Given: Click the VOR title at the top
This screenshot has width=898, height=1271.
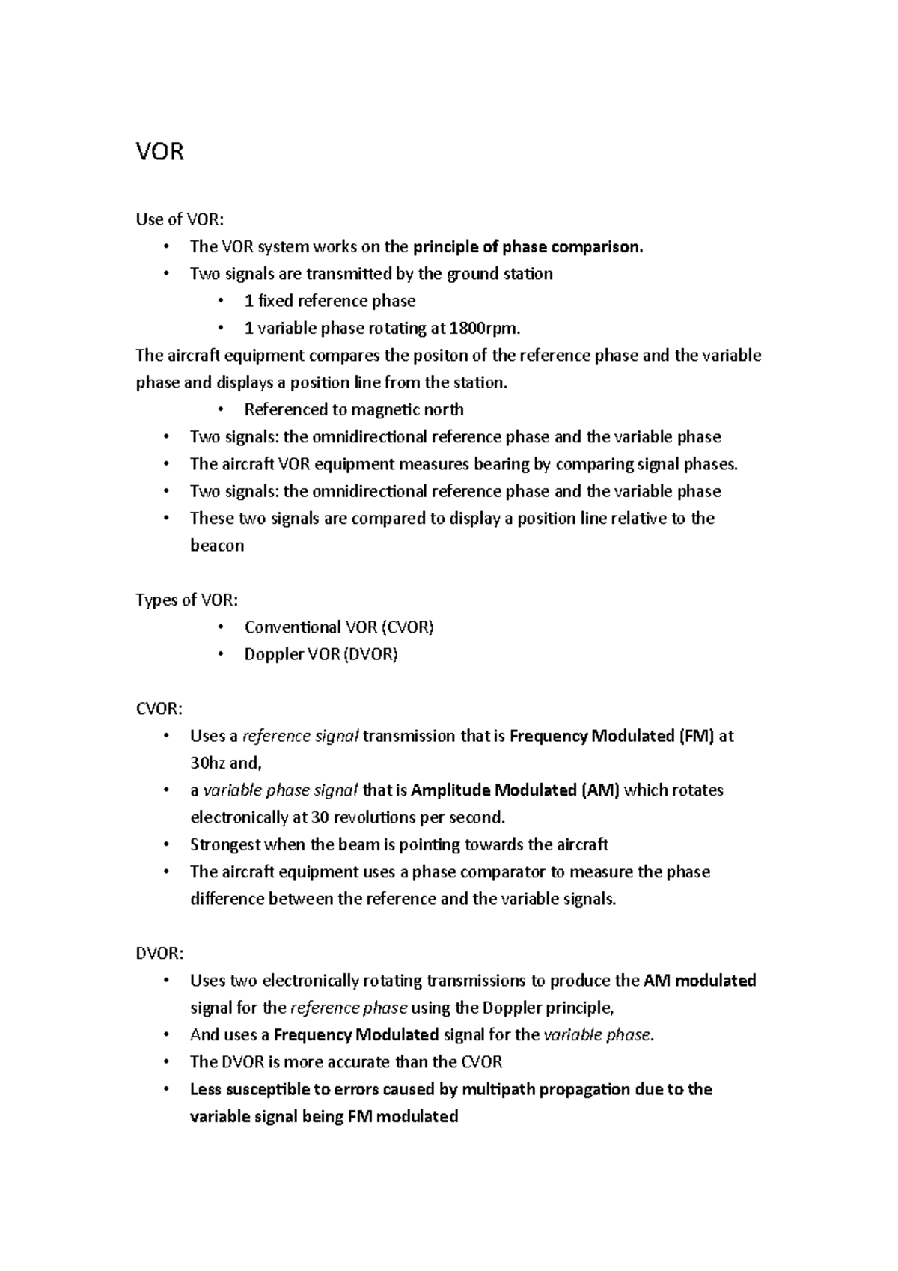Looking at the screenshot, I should pyautogui.click(x=159, y=152).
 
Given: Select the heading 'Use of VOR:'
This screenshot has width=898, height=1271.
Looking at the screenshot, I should pyautogui.click(x=180, y=219).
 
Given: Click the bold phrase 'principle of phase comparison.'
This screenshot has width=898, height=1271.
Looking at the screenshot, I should pyautogui.click(x=528, y=246).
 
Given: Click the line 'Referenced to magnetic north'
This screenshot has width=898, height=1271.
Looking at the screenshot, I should pyautogui.click(x=354, y=409).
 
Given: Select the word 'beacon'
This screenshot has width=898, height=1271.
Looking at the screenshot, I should pyautogui.click(x=217, y=546).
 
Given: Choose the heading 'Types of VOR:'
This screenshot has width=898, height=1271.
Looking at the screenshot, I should pyautogui.click(x=187, y=600).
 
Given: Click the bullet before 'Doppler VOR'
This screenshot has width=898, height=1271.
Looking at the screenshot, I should pyautogui.click(x=220, y=654).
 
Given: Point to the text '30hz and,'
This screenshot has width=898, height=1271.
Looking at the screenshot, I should pyautogui.click(x=226, y=763).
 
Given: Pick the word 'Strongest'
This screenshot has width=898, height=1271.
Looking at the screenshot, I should pyautogui.click(x=225, y=844).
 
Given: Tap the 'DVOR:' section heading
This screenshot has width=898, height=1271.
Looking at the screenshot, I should pyautogui.click(x=159, y=954).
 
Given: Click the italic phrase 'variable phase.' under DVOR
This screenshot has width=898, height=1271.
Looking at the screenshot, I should pyautogui.click(x=599, y=1035).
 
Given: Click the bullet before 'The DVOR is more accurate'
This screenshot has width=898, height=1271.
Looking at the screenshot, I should pyautogui.click(x=166, y=1062).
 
